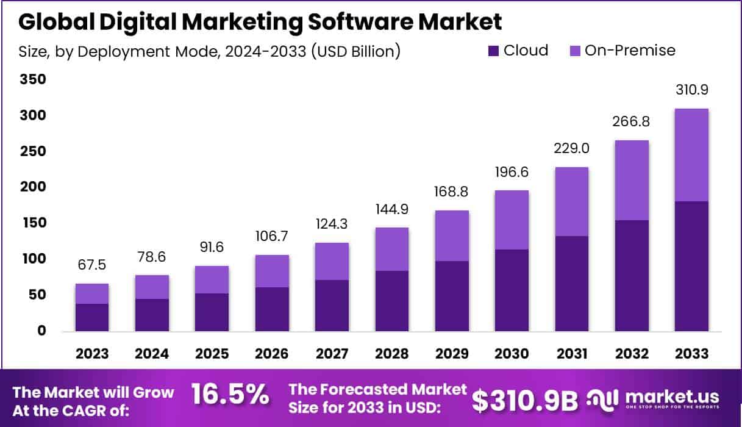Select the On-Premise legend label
[630, 51]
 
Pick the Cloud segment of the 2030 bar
[511, 290]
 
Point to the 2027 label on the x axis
[332, 354]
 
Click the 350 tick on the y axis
[33, 80]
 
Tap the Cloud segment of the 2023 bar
[92, 317]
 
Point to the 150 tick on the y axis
[33, 223]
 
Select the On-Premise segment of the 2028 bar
[391, 249]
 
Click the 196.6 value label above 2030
[511, 173]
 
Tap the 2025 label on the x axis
[212, 354]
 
